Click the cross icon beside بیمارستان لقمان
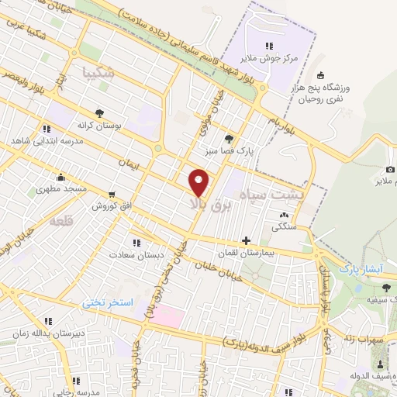[x=247, y=240]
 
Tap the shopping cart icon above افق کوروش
[x=112, y=195]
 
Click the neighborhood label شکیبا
[x=97, y=74]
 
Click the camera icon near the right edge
[x=390, y=170]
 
